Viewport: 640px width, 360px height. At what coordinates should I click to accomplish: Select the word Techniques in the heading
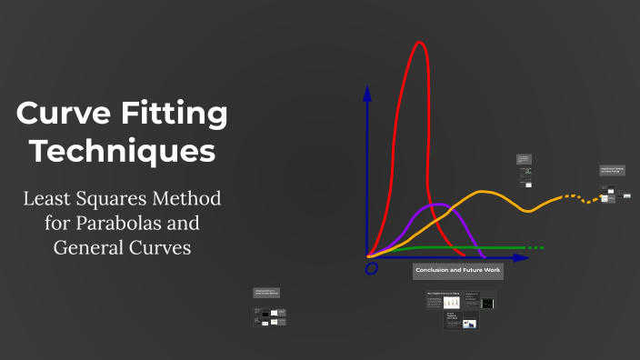point(122,150)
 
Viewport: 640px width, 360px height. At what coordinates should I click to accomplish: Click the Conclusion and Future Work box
point(458,271)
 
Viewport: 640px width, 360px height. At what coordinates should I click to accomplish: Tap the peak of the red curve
point(420,43)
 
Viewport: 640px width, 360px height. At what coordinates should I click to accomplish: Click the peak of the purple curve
point(435,204)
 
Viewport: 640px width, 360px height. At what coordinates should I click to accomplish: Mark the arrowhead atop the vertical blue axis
point(367,93)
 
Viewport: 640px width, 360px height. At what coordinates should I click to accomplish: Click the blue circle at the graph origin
point(371,269)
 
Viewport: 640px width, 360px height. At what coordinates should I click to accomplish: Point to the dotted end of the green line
point(535,247)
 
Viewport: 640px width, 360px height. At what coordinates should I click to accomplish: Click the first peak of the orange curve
point(485,192)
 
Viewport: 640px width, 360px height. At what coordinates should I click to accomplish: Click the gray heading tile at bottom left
point(268,293)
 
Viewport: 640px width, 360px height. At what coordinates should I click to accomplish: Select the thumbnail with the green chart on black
point(488,303)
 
